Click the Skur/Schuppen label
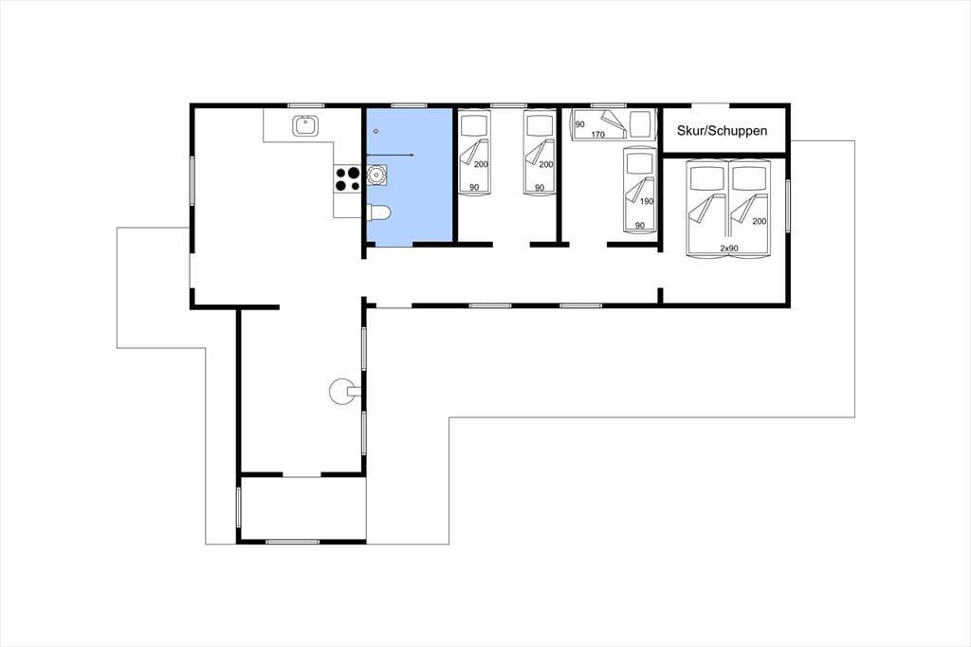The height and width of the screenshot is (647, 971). click(722, 131)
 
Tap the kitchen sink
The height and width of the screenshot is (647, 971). click(306, 126)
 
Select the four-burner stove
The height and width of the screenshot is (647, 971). click(347, 178)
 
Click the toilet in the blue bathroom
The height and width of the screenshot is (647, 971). click(378, 213)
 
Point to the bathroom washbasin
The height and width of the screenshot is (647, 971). click(376, 175)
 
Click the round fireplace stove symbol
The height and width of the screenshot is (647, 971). click(341, 392)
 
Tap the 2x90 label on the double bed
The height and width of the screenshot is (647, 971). click(729, 248)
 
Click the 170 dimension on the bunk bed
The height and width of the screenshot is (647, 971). click(597, 134)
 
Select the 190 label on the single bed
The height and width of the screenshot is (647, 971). click(647, 201)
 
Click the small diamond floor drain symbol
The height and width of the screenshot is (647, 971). click(376, 131)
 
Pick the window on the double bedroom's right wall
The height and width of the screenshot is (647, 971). click(788, 206)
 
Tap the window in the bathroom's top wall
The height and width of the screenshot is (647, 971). click(409, 105)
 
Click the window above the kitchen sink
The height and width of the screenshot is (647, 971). click(306, 105)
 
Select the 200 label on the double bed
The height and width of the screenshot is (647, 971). click(760, 221)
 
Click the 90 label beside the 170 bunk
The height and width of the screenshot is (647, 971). click(579, 124)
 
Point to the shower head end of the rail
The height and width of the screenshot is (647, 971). click(412, 155)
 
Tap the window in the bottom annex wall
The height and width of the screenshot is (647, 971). click(292, 542)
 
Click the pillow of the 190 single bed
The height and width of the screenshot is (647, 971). click(639, 163)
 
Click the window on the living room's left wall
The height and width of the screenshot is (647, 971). click(192, 181)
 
